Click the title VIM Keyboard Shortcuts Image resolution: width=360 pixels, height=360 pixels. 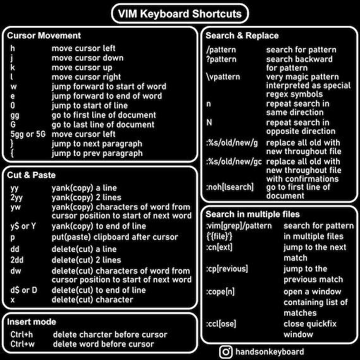(x=180, y=14)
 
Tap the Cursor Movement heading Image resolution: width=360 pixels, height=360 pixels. (x=44, y=35)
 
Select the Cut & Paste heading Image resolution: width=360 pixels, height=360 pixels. (x=31, y=175)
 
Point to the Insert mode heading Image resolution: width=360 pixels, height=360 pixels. (x=32, y=321)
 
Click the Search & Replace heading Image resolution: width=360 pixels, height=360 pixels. (x=242, y=35)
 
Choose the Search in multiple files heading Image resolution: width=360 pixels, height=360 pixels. (x=253, y=214)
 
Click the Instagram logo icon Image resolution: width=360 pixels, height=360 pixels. (x=226, y=352)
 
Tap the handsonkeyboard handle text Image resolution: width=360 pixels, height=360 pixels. (x=270, y=352)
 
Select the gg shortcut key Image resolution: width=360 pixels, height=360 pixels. (x=15, y=116)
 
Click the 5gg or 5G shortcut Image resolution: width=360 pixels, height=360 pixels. (x=28, y=134)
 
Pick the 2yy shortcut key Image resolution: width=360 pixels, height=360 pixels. (x=16, y=198)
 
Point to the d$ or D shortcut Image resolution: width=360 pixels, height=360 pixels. (x=23, y=290)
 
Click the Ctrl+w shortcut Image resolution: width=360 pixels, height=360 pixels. (x=23, y=344)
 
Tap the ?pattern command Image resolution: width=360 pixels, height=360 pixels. (x=221, y=59)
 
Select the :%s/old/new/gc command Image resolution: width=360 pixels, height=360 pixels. (x=234, y=162)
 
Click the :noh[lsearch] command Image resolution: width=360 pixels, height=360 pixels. (x=230, y=187)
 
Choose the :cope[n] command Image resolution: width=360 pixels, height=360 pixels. (x=220, y=292)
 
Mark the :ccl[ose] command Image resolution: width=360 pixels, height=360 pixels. (x=221, y=324)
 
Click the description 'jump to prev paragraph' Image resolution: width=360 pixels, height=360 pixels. (x=97, y=153)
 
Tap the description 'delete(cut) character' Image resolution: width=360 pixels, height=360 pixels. (x=92, y=299)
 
